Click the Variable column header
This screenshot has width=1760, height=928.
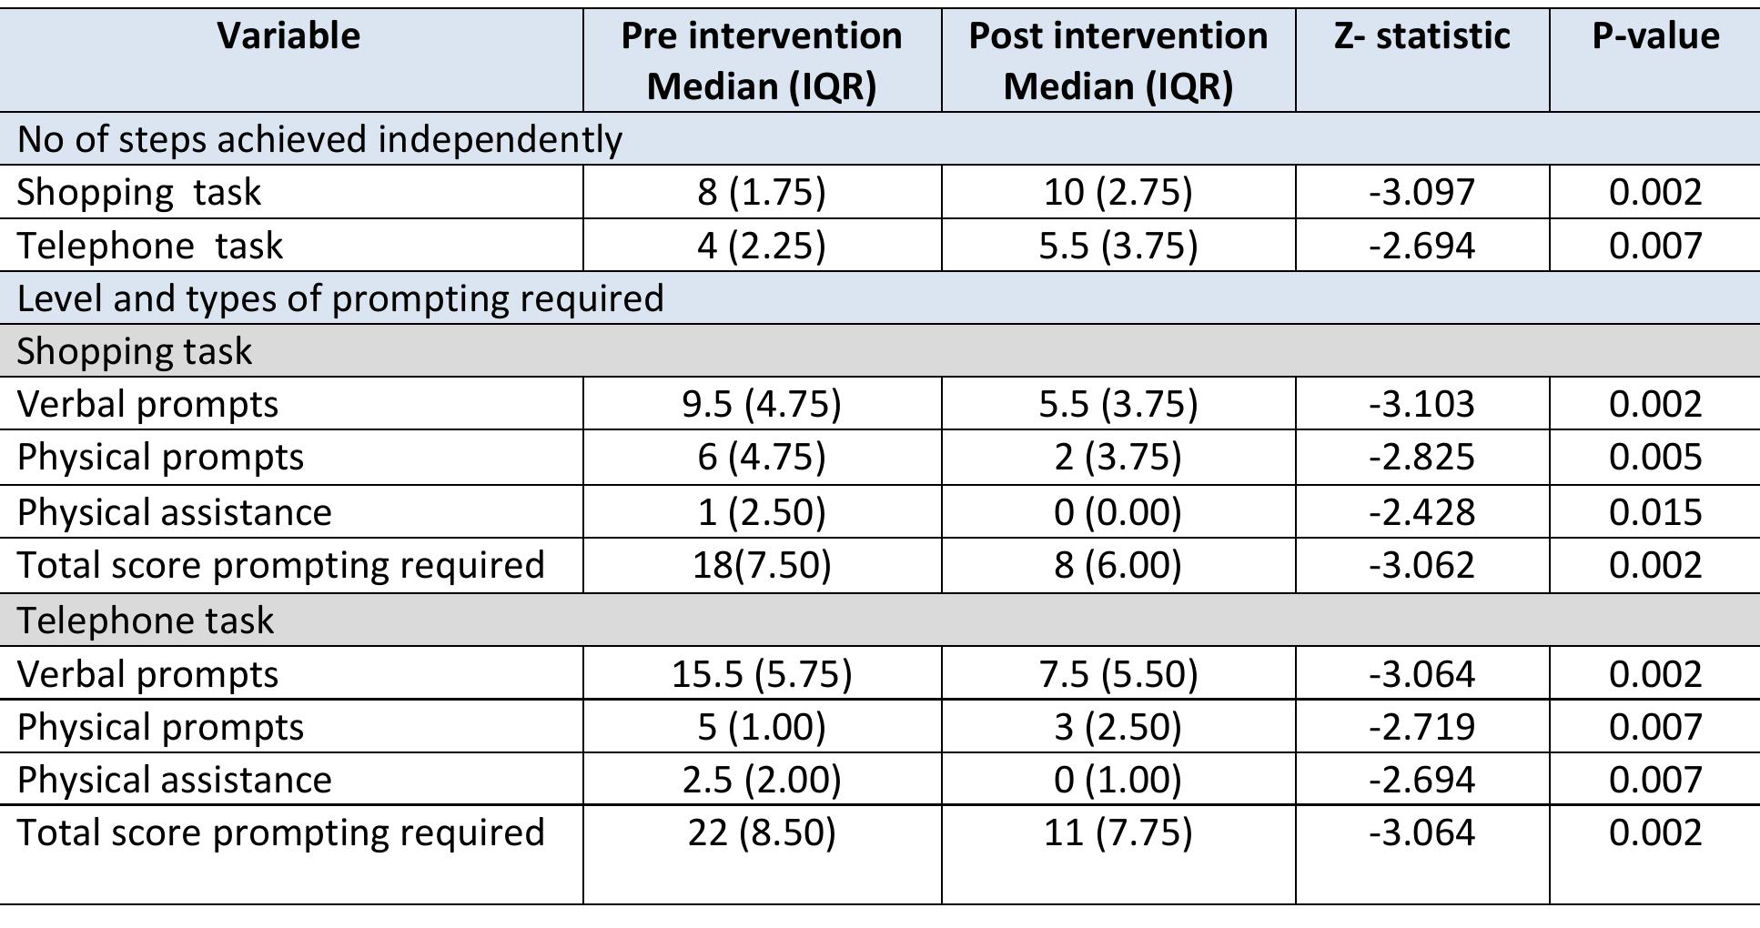pos(288,36)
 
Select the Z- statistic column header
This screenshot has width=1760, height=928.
pos(1421,36)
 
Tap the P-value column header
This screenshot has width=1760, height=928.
pos(1654,36)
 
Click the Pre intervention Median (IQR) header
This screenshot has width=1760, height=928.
pos(762,61)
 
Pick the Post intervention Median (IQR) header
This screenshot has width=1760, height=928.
pos(1118,61)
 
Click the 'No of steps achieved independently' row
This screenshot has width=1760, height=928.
pos(319,139)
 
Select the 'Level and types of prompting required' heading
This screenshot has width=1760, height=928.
pos(340,298)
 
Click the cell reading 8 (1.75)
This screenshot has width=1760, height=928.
pos(762,192)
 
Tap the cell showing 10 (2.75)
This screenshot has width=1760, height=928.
pos(1118,192)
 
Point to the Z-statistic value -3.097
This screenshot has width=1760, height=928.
pos(1421,192)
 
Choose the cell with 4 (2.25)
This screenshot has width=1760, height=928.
pos(762,246)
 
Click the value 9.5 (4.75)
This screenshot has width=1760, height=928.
pos(762,404)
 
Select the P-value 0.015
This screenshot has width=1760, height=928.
pos(1654,512)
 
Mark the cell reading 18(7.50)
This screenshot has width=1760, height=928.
pos(762,565)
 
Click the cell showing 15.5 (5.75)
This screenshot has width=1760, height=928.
pos(762,674)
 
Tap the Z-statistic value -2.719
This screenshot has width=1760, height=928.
pos(1421,727)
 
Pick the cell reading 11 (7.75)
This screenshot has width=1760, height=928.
pos(1118,832)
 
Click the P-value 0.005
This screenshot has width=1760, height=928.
pos(1654,457)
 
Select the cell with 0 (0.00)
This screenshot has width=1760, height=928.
pos(1118,512)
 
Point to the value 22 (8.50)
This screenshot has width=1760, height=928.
pos(762,832)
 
